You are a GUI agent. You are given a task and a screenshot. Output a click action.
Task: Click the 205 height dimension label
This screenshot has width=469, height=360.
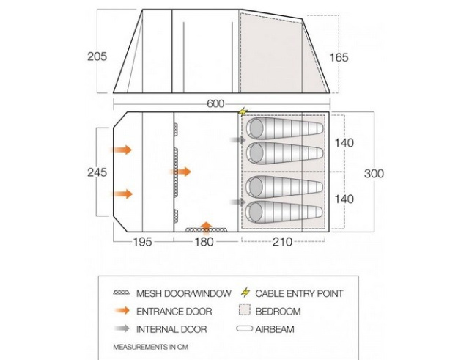(x=97, y=56)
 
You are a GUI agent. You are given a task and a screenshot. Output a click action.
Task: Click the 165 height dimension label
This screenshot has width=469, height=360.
(x=339, y=57)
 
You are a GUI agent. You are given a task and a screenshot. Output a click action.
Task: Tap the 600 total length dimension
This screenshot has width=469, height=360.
(x=215, y=104)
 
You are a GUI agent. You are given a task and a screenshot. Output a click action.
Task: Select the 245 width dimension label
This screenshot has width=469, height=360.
(x=97, y=172)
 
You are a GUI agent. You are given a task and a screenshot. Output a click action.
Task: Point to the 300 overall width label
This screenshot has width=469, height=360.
(x=374, y=174)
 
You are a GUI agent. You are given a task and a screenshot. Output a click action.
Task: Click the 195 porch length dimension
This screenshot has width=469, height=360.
(x=143, y=241)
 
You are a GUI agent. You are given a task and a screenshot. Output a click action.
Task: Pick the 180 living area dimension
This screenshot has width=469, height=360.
(x=204, y=241)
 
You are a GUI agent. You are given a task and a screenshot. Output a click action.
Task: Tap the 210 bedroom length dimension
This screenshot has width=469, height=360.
(x=282, y=241)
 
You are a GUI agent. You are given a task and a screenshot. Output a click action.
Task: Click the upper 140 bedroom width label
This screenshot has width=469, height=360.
(x=344, y=143)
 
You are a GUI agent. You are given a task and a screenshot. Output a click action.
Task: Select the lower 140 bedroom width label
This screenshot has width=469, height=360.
(x=344, y=199)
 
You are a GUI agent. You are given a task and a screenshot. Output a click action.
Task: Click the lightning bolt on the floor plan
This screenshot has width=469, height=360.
(x=243, y=111)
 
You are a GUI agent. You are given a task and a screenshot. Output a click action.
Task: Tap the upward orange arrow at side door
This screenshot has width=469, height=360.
(x=207, y=227)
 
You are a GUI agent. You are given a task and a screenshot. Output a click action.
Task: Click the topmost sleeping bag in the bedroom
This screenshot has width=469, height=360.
(x=285, y=129)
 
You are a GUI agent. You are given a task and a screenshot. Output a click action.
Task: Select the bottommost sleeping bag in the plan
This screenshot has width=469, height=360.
(x=284, y=212)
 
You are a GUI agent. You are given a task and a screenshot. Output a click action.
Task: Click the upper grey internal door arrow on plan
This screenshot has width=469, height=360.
(x=238, y=139)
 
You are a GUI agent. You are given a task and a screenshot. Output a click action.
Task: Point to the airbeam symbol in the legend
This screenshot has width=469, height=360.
(x=244, y=328)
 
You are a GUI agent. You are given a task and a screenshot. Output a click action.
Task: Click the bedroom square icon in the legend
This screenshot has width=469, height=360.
(x=244, y=310)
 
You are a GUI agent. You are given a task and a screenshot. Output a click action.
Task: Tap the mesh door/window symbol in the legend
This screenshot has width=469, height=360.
(x=122, y=293)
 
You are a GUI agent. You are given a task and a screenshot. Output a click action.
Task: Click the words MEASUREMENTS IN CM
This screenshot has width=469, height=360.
(x=150, y=347)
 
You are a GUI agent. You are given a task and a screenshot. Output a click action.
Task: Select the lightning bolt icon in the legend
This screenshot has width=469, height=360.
(x=245, y=293)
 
